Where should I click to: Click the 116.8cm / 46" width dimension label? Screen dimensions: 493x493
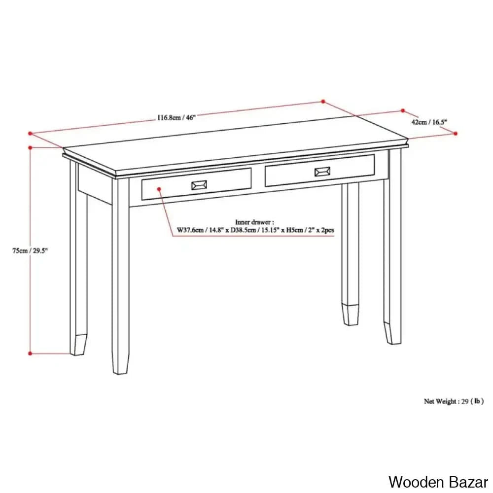click(x=176, y=117)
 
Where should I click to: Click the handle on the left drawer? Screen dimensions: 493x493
click(x=199, y=185)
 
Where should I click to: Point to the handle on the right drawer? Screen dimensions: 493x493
click(x=323, y=172)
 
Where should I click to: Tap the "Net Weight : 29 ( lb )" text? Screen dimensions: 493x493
click(x=454, y=401)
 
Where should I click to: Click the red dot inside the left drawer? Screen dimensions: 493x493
click(x=159, y=188)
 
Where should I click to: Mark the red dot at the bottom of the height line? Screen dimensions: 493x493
click(x=30, y=353)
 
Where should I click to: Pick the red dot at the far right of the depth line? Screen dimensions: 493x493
click(x=456, y=133)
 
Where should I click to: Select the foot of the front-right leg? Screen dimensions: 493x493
click(x=392, y=333)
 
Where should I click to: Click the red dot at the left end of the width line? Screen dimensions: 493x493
click(x=30, y=133)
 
